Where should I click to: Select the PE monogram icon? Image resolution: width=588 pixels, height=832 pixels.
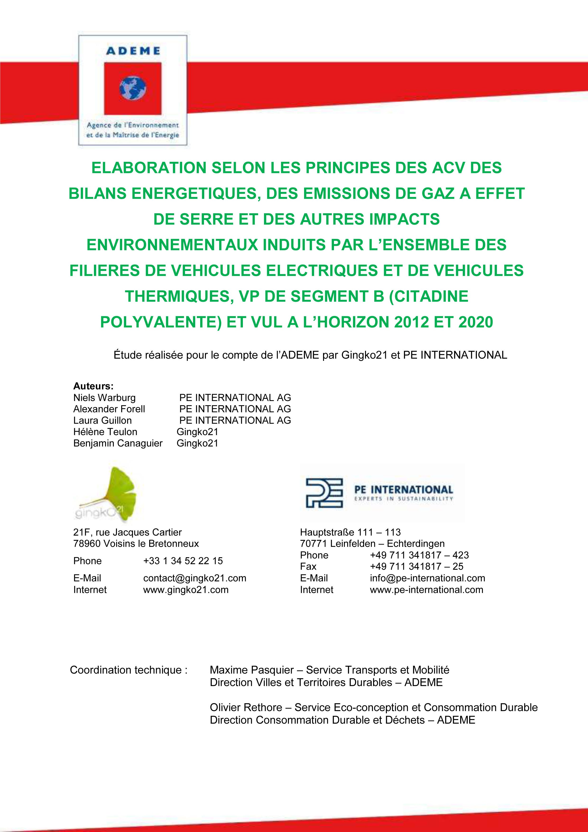pyautogui.click(x=324, y=493)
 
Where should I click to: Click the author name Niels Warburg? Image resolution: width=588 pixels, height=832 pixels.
pyautogui.click(x=104, y=398)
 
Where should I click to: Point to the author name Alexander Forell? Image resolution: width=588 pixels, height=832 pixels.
pyautogui.click(x=109, y=409)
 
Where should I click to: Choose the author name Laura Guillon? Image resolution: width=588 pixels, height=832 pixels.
pyautogui.click(x=102, y=420)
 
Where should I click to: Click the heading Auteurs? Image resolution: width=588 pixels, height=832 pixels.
pyautogui.click(x=93, y=386)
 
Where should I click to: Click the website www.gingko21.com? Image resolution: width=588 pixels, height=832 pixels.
pyautogui.click(x=186, y=590)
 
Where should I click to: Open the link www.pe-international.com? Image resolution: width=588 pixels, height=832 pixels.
pyautogui.click(x=426, y=590)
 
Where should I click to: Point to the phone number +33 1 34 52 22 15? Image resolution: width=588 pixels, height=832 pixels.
pyautogui.click(x=183, y=561)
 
